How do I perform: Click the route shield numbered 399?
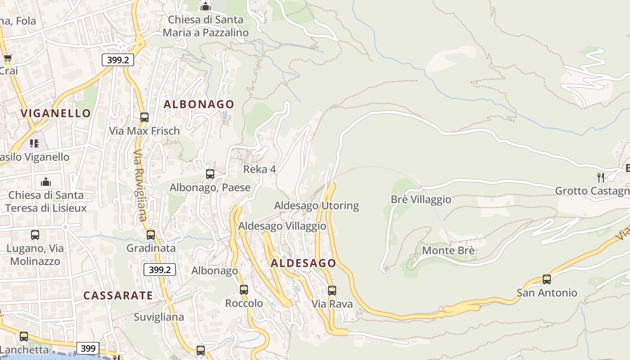tap(88, 348)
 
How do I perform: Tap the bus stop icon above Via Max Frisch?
tap(144, 117)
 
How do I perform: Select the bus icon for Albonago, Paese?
tap(210, 174)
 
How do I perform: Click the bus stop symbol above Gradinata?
tap(151, 235)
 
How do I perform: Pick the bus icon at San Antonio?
tap(547, 279)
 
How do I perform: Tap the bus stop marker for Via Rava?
tap(332, 291)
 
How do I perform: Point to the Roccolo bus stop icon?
tap(244, 290)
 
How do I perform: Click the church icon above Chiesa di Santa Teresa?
tap(46, 182)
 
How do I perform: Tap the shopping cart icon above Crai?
tap(8, 58)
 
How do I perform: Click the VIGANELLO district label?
tap(56, 113)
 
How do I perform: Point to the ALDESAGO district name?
tap(303, 263)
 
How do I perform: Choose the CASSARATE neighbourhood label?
tap(118, 296)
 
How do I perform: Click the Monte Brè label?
tap(448, 250)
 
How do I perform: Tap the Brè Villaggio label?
tap(421, 199)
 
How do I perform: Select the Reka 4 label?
tap(260, 170)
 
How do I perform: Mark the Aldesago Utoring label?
tap(317, 206)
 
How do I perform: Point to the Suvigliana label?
tap(159, 317)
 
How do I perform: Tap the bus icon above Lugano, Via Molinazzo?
tap(35, 235)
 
